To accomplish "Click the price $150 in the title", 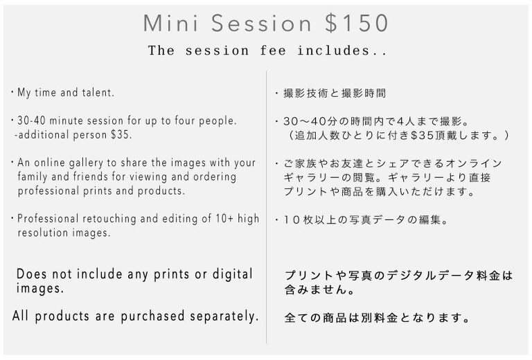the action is pyautogui.click(x=356, y=23).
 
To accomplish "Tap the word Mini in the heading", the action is pyautogui.click(x=170, y=23).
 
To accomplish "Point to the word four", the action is pyautogui.click(x=185, y=120).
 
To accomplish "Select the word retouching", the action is pyautogui.click(x=109, y=219).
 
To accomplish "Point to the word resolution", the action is pyautogui.click(x=43, y=233).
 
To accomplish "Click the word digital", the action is pyautogui.click(x=233, y=274).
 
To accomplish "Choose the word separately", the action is pyautogui.click(x=224, y=316).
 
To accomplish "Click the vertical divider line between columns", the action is pyautogui.click(x=266, y=208).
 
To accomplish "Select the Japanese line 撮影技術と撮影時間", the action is pyautogui.click(x=335, y=93).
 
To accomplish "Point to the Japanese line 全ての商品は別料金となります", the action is pyautogui.click(x=377, y=318).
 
